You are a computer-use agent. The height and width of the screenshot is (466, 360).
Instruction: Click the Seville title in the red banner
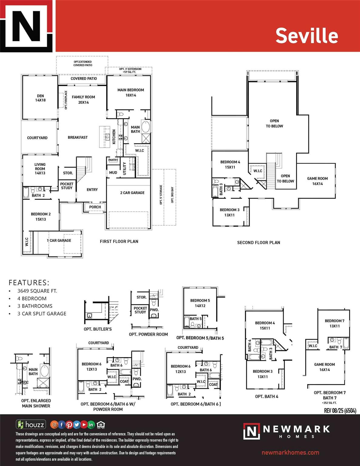tap(307, 36)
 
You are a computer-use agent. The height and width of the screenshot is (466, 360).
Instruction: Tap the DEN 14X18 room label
tap(40, 98)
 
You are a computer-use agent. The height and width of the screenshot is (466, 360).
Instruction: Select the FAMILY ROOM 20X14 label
tap(83, 100)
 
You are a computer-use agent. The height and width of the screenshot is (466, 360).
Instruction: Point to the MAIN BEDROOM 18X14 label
tap(131, 93)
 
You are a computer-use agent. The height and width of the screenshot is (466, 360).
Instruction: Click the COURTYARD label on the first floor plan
tap(37, 138)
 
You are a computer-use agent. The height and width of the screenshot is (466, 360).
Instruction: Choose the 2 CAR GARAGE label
tap(132, 193)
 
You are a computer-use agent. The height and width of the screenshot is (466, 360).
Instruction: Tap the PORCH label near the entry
tap(95, 207)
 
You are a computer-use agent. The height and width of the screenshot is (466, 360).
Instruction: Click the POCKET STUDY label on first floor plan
tap(67, 186)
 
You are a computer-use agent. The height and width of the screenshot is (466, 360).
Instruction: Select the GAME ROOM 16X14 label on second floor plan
tap(317, 181)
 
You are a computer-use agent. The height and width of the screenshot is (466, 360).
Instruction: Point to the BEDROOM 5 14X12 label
tap(200, 303)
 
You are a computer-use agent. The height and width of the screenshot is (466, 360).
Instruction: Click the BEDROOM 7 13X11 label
tap(335, 323)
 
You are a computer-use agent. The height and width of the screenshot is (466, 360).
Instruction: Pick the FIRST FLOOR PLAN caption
tap(119, 241)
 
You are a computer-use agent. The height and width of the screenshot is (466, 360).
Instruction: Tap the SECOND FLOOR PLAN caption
tap(258, 242)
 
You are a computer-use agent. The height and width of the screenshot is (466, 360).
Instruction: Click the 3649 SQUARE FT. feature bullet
tap(37, 291)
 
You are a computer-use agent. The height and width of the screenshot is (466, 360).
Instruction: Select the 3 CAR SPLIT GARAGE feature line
tap(42, 314)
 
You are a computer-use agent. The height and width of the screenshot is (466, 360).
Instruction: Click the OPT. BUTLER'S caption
tap(98, 329)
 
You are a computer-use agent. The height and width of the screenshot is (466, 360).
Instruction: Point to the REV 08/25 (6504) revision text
tap(340, 411)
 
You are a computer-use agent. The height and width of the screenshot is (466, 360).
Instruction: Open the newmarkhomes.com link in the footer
tap(290, 452)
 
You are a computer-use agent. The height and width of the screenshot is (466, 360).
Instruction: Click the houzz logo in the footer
tap(31, 424)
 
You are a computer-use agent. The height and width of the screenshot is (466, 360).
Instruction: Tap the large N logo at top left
tap(27, 26)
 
